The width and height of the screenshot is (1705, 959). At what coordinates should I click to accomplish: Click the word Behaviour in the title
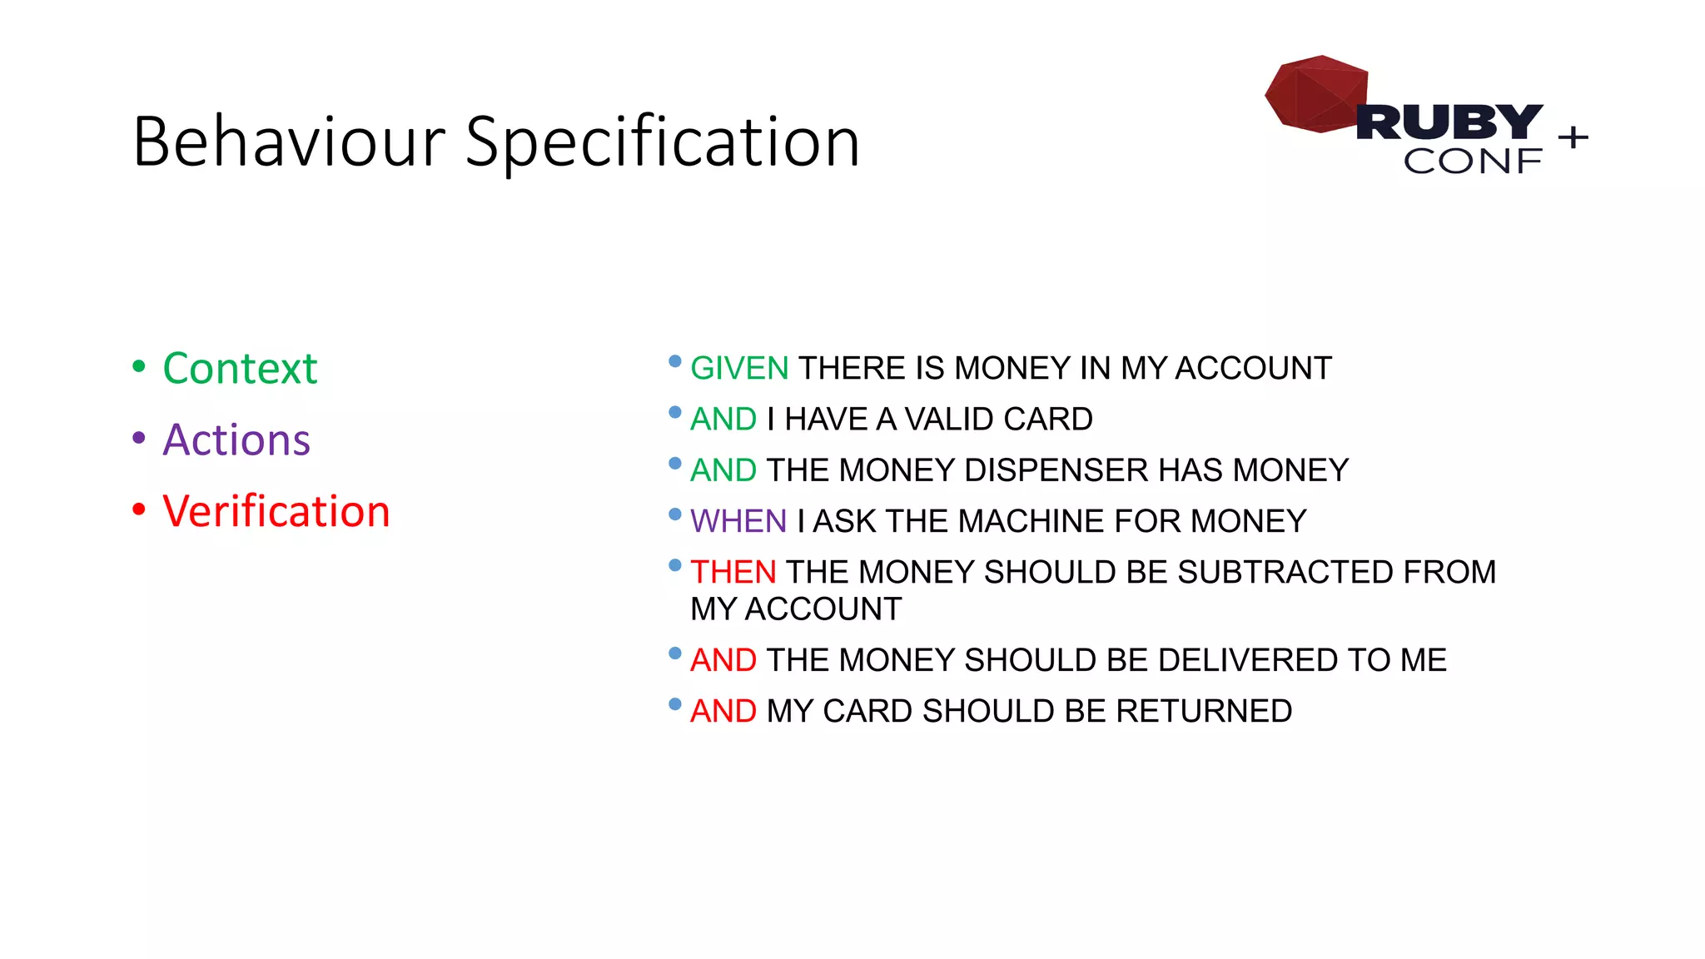tap(288, 142)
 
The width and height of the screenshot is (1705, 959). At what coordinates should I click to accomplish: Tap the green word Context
tap(240, 369)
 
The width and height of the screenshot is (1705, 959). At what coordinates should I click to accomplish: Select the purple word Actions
tap(236, 440)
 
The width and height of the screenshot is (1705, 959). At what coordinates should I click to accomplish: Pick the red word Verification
tap(276, 511)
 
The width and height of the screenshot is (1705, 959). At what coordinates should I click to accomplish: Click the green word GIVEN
tap(739, 368)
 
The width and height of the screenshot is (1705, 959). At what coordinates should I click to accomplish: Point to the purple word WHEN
tap(738, 521)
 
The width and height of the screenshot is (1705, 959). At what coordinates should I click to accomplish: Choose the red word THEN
tap(733, 572)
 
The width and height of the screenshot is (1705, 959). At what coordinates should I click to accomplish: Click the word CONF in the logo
tap(1472, 161)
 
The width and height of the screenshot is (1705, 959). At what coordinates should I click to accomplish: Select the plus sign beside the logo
tap(1573, 137)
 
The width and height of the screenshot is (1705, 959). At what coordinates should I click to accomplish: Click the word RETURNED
tap(1204, 711)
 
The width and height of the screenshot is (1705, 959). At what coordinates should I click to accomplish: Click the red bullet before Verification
tap(139, 509)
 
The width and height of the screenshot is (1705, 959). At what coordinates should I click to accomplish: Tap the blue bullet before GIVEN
tap(675, 361)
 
